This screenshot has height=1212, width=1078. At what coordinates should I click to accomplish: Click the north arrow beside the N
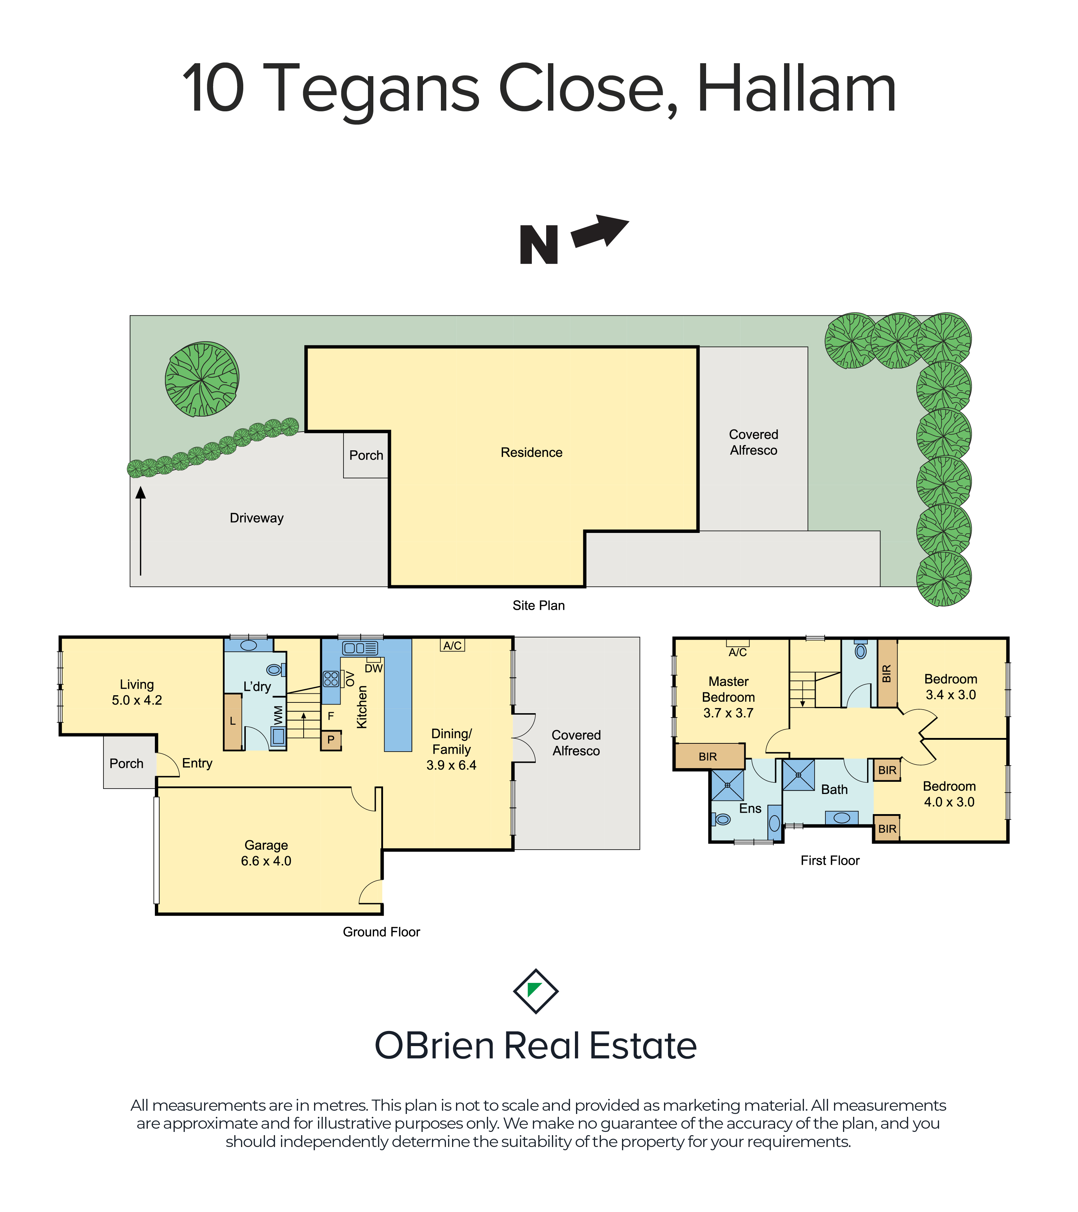(599, 231)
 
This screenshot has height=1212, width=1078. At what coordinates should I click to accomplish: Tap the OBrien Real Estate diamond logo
(536, 992)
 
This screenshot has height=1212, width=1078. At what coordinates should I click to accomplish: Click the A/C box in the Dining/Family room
(453, 645)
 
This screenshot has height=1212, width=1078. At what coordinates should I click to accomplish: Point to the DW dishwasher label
(374, 668)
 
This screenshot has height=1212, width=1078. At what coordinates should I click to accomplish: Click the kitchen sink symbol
(360, 648)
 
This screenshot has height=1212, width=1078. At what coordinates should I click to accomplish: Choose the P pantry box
(331, 740)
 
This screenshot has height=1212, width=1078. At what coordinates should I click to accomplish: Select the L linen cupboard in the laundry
(232, 721)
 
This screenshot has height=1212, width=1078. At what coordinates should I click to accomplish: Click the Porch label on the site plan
(366, 455)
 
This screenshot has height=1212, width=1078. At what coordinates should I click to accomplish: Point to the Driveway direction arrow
(140, 531)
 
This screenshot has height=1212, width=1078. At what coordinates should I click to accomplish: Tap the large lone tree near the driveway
(202, 379)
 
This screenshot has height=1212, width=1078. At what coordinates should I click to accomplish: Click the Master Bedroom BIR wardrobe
(709, 757)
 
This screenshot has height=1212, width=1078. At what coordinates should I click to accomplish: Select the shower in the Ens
(727, 785)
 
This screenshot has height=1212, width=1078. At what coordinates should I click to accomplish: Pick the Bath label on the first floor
(834, 790)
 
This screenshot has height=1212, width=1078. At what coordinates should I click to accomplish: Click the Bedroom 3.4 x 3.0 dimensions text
(950, 695)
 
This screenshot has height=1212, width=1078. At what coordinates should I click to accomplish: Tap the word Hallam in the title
(796, 89)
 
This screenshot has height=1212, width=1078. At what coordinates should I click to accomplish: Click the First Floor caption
(830, 860)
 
